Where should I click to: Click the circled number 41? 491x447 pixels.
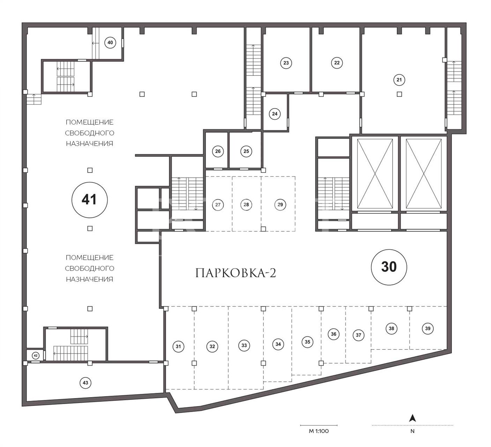point(90,200)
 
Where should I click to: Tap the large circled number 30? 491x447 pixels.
point(389,267)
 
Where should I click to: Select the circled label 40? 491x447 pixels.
point(110,43)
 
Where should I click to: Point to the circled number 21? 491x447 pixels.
point(399,80)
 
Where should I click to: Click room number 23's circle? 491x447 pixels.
point(286,63)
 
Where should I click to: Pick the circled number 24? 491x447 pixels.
point(275,114)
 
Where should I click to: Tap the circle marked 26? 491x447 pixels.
point(218,151)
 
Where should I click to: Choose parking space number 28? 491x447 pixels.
point(246,205)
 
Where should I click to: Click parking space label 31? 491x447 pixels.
point(178,346)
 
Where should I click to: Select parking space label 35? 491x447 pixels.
point(307,342)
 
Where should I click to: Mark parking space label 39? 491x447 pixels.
point(427,329)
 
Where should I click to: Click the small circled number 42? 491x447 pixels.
point(36,356)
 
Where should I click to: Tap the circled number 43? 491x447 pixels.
point(85,383)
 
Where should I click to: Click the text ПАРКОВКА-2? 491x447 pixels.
point(236,273)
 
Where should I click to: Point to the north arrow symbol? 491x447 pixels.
point(413,418)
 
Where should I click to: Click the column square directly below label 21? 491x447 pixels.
point(399,94)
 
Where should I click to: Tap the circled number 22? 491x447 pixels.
point(337,63)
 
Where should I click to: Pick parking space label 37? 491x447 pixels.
point(358,335)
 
